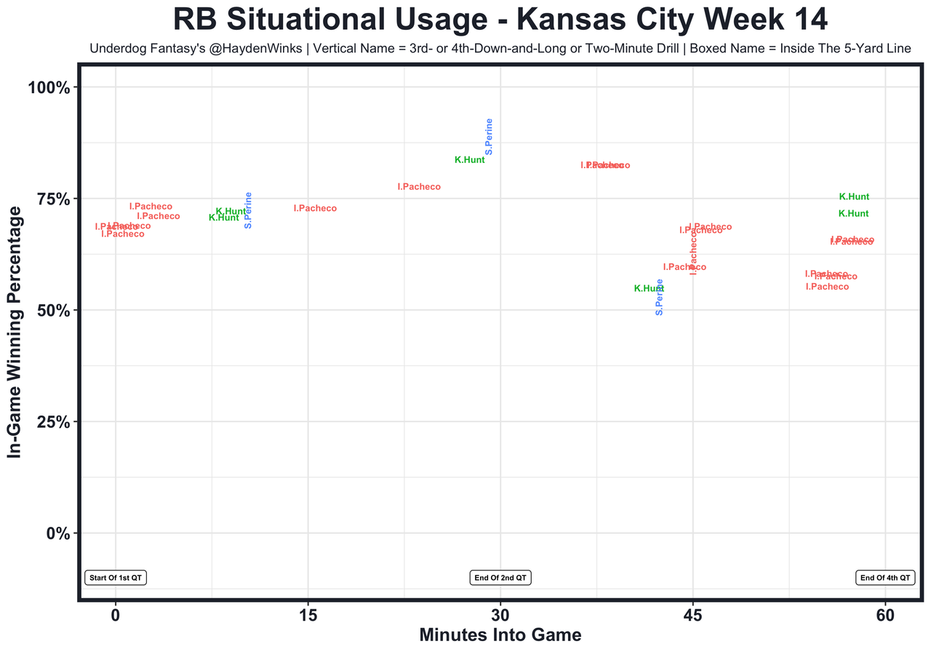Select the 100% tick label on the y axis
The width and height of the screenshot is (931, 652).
pyautogui.click(x=49, y=88)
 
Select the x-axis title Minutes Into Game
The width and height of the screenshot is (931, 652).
pyautogui.click(x=500, y=635)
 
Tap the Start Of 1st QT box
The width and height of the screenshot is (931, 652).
pyautogui.click(x=116, y=578)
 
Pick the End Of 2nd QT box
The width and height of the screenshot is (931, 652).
pyautogui.click(x=500, y=578)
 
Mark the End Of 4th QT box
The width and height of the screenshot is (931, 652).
pyautogui.click(x=884, y=578)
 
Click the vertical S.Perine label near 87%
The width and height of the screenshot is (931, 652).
pyautogui.click(x=489, y=136)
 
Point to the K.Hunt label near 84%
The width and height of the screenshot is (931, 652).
pyautogui.click(x=470, y=160)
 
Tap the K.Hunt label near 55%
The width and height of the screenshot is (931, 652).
pyautogui.click(x=649, y=289)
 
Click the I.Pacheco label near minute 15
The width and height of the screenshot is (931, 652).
pyautogui.click(x=315, y=209)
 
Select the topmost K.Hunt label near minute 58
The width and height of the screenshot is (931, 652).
pyautogui.click(x=854, y=197)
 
